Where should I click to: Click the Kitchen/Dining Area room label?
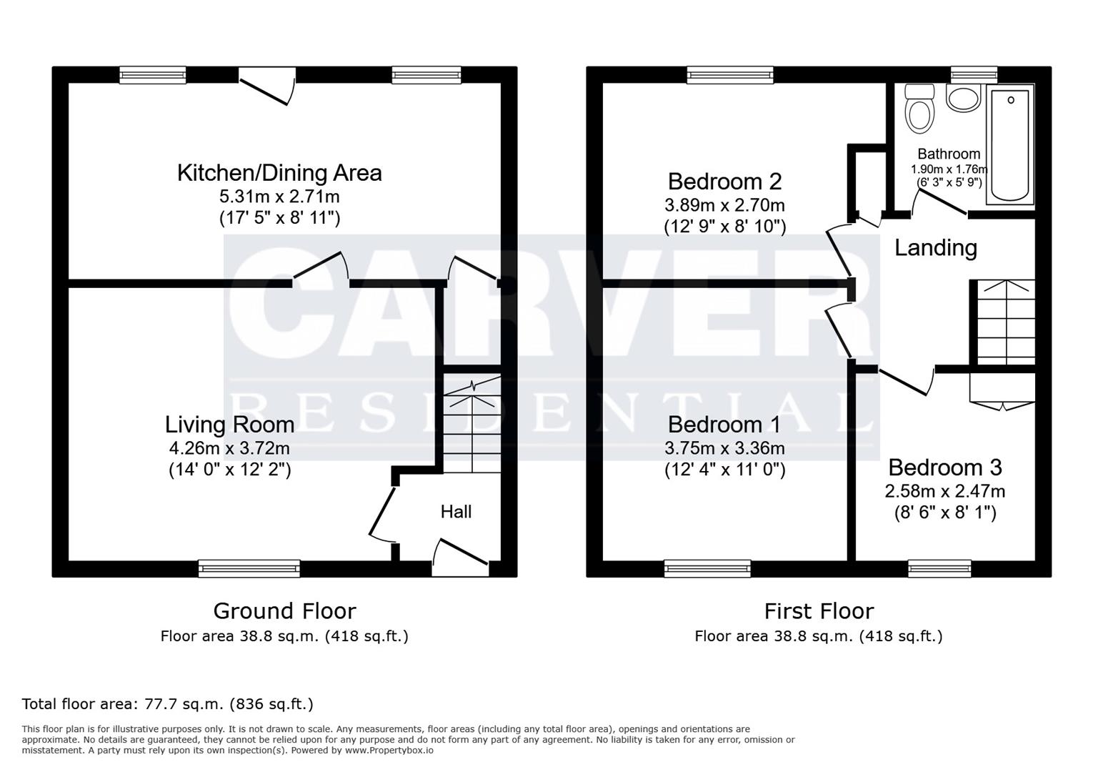[279, 173]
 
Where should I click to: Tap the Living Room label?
[229, 425]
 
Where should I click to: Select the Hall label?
[456, 512]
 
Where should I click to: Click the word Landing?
[936, 248]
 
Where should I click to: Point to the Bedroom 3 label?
[944, 467]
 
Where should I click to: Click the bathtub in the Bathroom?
[1010, 144]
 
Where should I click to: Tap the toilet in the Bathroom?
[919, 111]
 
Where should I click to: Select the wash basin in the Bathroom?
[963, 98]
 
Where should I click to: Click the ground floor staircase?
[471, 425]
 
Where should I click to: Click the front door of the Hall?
[461, 558]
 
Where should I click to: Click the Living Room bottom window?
[249, 569]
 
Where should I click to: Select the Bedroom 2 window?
[730, 74]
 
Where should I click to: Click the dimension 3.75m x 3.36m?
[724, 448]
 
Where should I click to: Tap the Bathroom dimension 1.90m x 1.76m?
[949, 169]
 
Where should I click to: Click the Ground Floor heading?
[284, 611]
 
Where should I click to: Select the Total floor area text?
[168, 704]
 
